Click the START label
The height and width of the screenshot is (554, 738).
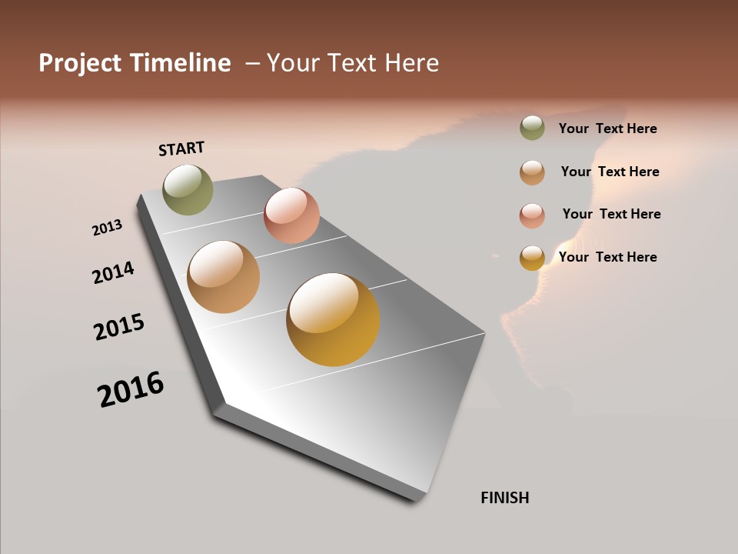click(181, 149)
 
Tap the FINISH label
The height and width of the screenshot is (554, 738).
click(504, 498)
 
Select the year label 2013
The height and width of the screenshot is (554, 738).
click(108, 228)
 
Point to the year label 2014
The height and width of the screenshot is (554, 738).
click(113, 272)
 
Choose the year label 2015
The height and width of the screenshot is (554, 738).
click(119, 327)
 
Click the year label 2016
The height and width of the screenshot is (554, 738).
click(131, 389)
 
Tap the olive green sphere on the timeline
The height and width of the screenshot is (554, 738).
click(188, 189)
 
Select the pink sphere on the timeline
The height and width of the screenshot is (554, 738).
click(291, 215)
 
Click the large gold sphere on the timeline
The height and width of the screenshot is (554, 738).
click(333, 319)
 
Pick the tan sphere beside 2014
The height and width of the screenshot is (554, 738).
click(224, 277)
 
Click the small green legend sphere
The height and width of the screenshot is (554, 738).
click(532, 128)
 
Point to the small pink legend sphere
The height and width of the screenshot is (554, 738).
click(532, 215)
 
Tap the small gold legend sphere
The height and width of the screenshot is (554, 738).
click(532, 258)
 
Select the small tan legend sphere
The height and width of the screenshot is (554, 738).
click(532, 172)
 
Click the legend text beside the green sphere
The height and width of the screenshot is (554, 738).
click(607, 128)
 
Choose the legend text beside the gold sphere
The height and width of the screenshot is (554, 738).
click(607, 257)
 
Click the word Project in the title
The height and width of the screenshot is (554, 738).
click(79, 63)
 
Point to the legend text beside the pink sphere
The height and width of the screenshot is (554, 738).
click(611, 214)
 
